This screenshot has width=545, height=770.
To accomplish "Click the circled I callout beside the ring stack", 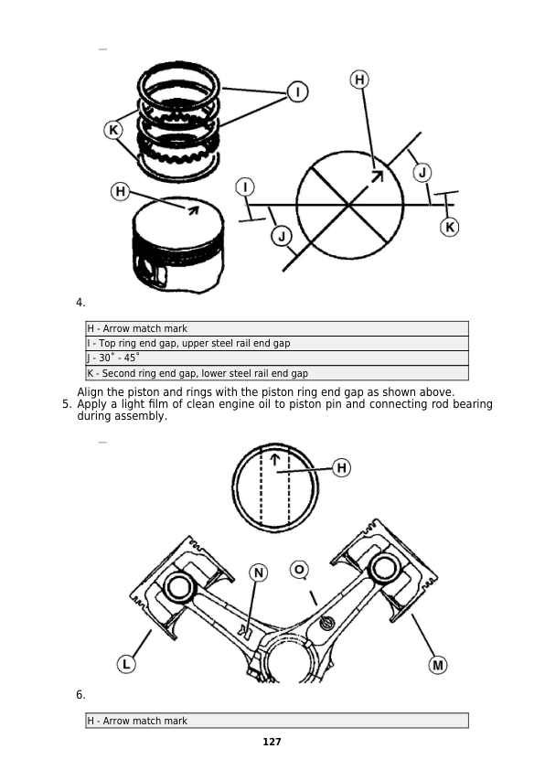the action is [x=297, y=92].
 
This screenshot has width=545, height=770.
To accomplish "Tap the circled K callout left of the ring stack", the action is [x=113, y=130].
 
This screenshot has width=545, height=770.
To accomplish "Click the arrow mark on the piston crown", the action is [x=191, y=209].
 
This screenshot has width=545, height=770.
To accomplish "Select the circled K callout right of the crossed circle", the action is [x=450, y=228].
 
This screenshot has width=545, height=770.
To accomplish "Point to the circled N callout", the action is [x=259, y=573].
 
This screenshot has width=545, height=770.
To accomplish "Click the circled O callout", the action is [x=299, y=570].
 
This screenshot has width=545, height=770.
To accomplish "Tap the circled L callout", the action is [x=126, y=665].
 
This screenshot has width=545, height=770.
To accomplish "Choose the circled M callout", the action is [x=437, y=666].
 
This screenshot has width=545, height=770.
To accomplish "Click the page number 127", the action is [x=272, y=742].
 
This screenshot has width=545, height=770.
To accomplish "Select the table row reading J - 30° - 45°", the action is [x=277, y=358].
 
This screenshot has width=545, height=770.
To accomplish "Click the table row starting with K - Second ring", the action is [x=277, y=373].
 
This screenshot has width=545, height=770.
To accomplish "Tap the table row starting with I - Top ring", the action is [x=277, y=343].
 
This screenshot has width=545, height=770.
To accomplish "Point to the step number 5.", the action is [x=67, y=404].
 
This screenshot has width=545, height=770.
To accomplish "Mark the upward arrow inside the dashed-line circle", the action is [x=275, y=460].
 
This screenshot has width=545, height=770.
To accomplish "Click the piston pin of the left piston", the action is [x=176, y=586].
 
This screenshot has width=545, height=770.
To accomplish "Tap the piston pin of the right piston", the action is [x=384, y=568].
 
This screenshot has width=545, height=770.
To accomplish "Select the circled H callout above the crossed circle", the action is [x=359, y=80].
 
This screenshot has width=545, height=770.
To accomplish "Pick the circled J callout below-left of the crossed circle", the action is [x=282, y=237].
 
